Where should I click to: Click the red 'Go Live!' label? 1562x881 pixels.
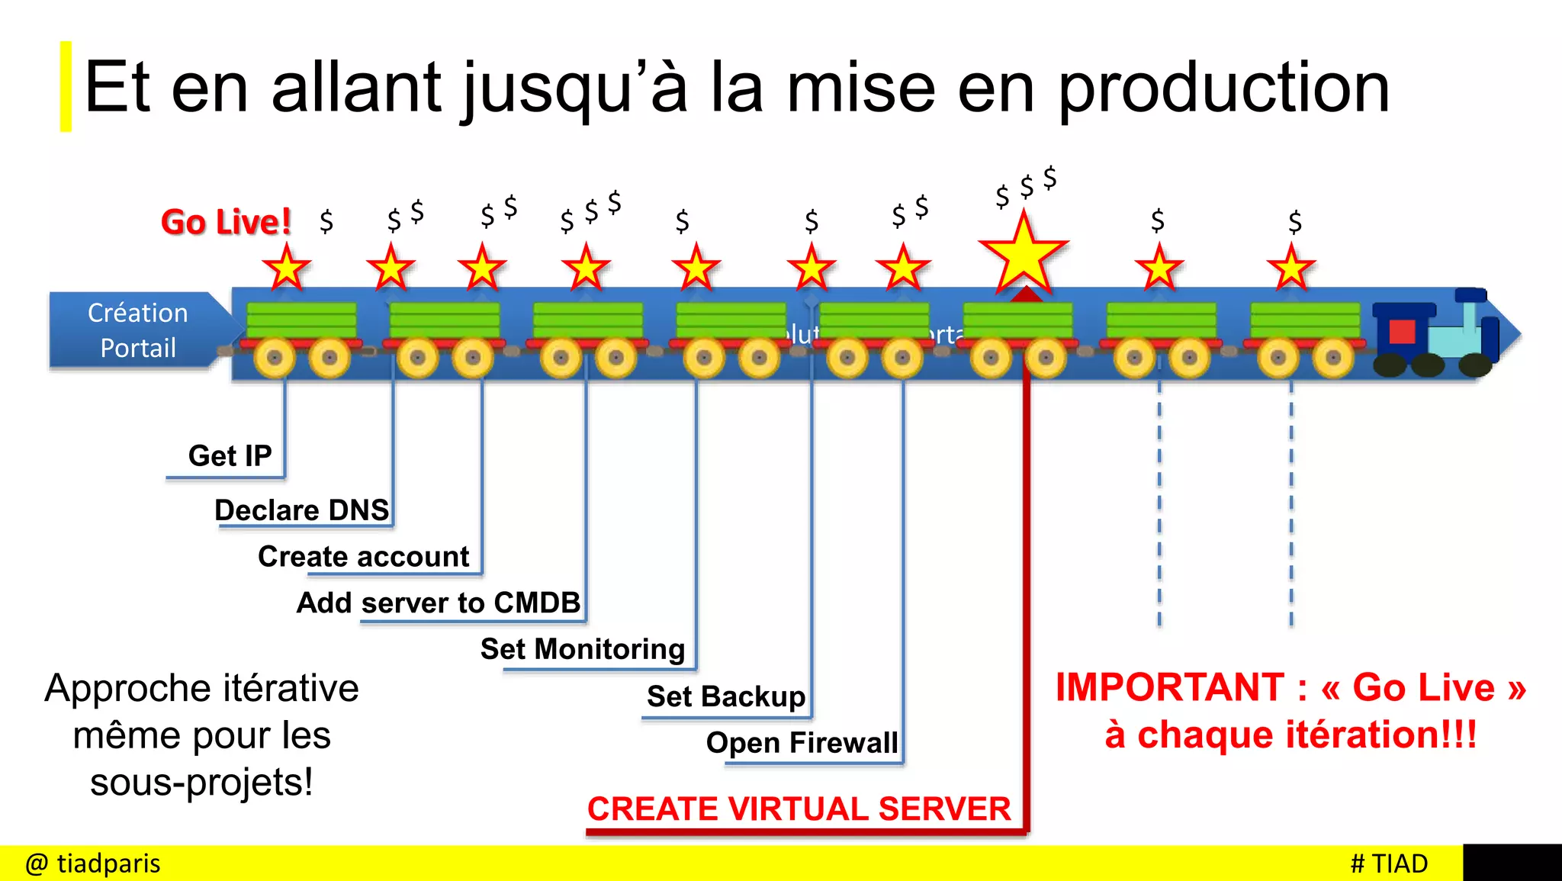226,222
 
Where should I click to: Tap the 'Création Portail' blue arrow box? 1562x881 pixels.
139,330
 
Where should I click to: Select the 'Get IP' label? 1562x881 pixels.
230,455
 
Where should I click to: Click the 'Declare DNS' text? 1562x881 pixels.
302,510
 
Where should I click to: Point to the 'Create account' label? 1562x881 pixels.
364,556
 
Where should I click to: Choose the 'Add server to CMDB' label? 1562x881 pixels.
439,603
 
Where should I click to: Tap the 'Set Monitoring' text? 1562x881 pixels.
583,649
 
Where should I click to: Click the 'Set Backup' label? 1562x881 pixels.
726,696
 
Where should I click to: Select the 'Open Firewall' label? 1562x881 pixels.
802,742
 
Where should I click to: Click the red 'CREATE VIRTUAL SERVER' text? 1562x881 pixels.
799,809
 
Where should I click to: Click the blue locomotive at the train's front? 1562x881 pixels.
1434,336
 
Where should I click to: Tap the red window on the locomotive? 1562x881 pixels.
1402,332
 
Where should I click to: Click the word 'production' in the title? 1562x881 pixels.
1223,88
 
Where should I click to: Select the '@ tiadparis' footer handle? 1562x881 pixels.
93,863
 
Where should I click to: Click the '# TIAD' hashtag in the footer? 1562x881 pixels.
1389,863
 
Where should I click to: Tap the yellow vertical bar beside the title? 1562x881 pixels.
66,86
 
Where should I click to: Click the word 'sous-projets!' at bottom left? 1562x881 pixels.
201,783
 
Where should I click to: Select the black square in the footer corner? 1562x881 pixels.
1512,863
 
